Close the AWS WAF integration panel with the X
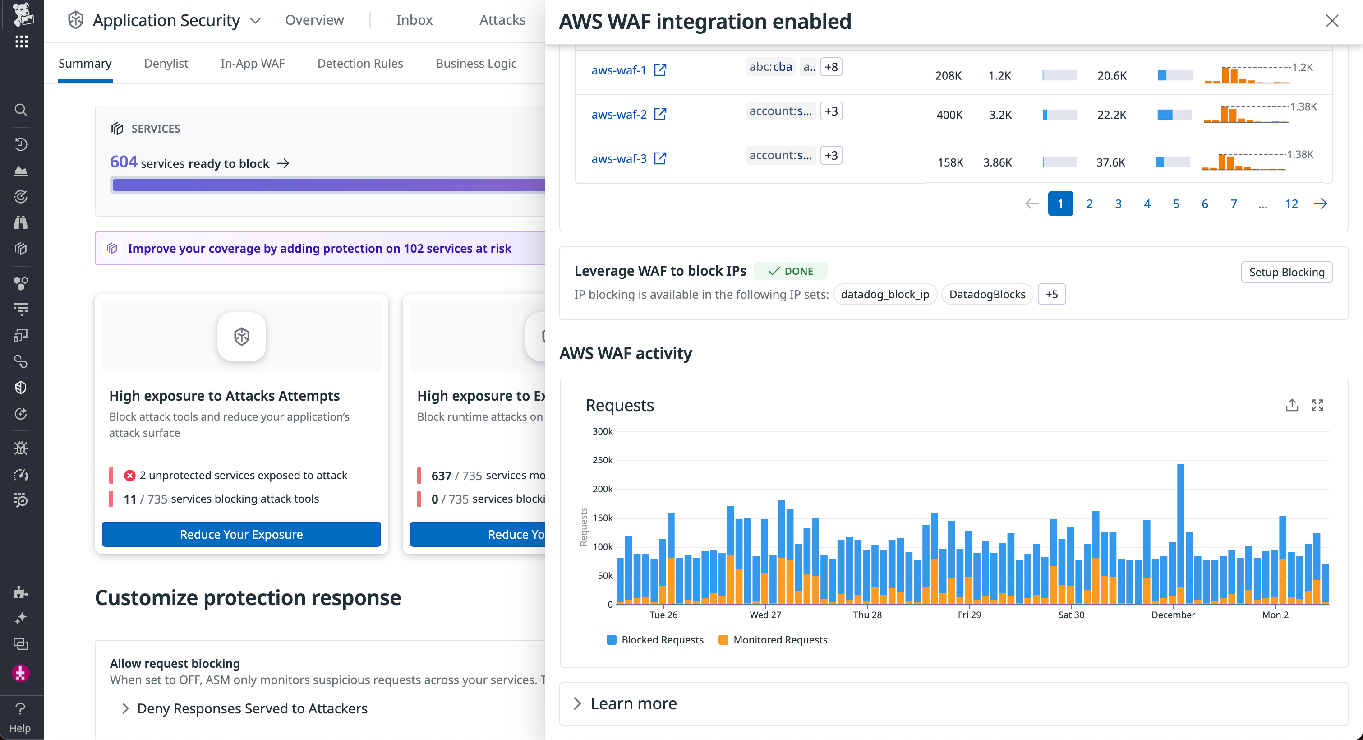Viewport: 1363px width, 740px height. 1332,21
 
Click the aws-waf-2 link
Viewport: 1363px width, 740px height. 618,114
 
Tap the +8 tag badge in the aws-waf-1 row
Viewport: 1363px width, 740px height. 831,67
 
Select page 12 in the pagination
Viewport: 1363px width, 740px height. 1291,204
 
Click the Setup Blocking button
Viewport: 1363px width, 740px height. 1286,272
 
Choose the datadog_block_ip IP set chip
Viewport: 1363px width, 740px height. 884,294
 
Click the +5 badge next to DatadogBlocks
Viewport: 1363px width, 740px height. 1051,294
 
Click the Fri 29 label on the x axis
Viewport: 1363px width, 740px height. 969,615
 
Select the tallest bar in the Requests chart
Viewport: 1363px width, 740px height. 1180,529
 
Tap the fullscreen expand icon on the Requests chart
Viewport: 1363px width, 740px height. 1317,406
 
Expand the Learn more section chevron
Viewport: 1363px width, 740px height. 577,703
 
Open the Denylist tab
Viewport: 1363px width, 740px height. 166,64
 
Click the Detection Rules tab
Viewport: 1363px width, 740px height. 360,64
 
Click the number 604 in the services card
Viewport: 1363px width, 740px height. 123,162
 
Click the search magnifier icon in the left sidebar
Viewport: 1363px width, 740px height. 21,110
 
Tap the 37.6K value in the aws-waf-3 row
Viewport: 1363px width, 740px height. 1110,162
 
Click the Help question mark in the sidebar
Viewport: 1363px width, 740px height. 20,709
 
